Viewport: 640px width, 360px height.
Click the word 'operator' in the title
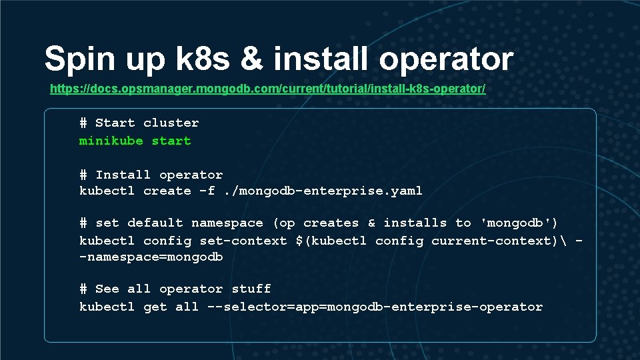pos(446,59)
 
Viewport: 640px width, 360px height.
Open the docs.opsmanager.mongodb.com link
pos(267,89)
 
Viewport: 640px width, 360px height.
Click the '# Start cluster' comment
pos(139,123)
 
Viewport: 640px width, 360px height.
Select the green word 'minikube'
pos(111,141)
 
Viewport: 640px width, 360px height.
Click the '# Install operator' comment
pos(151,175)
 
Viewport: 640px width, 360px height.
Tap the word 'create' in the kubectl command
pos(167,191)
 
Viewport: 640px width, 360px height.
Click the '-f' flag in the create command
pos(207,191)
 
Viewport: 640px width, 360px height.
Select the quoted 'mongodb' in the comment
pos(519,223)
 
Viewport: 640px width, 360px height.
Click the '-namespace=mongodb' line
pos(151,257)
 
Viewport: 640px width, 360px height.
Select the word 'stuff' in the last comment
pos(251,289)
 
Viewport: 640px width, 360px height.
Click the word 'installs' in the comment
pos(415,223)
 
